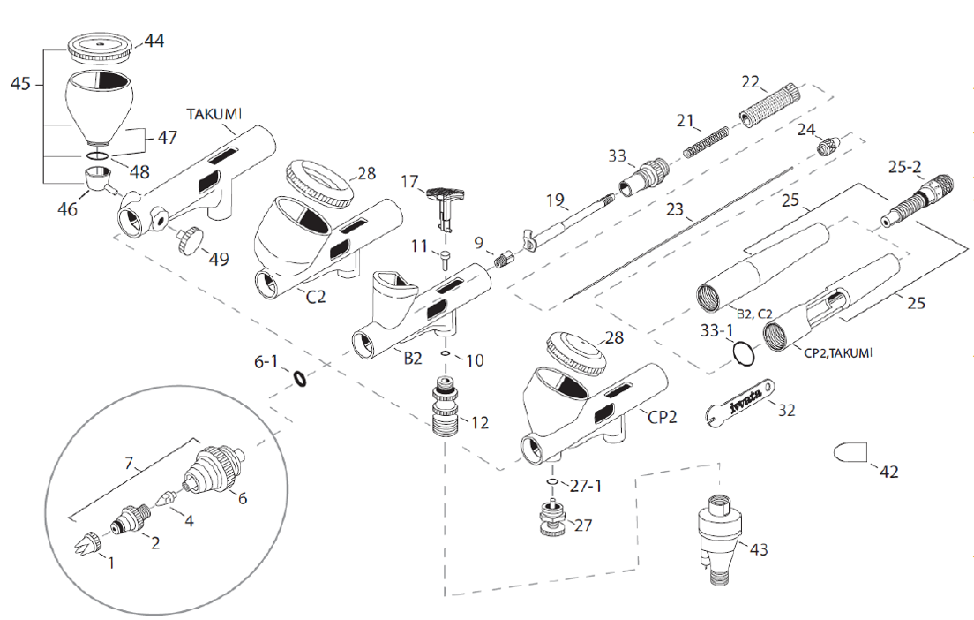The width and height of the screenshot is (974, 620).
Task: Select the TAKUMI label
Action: tap(214, 114)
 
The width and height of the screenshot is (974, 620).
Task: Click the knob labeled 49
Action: tap(189, 240)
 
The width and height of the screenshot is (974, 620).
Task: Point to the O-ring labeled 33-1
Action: tap(743, 353)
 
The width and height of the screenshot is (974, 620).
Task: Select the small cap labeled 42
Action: tap(850, 452)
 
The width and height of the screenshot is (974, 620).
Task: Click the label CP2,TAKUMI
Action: tap(838, 352)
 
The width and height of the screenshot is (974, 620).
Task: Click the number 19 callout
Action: tap(554, 200)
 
